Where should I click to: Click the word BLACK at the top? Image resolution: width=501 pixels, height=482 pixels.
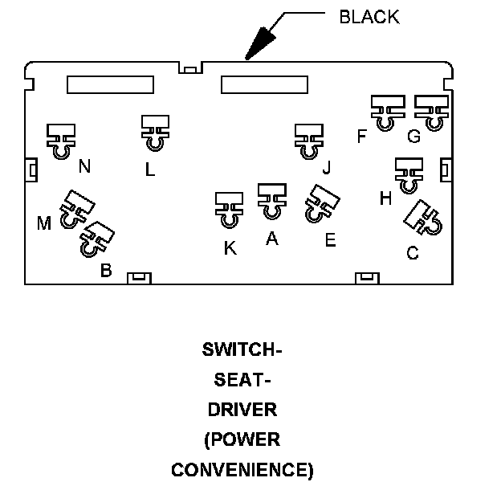coord(369,17)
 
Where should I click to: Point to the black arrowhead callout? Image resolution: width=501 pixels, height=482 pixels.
coord(260,43)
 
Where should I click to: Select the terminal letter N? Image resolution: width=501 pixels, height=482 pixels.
coord(84,166)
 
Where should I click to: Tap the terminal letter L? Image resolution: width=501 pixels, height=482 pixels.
coord(150,170)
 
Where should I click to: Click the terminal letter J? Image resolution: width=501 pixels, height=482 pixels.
coord(327,167)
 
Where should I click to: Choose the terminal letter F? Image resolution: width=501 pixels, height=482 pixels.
coord(361,136)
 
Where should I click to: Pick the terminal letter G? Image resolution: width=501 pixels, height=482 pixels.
coord(413,137)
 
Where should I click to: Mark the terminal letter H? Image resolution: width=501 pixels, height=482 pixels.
coord(385,198)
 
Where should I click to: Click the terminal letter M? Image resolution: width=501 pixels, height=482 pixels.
coord(44,223)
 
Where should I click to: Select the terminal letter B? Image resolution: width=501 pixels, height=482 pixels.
coord(106,270)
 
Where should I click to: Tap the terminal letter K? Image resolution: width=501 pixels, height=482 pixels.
coord(230,248)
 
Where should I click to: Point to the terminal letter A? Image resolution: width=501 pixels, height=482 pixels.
coord(272,239)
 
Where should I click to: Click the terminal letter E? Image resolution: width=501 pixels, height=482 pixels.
coord(330,240)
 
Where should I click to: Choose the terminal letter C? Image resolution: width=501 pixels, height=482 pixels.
coord(413,253)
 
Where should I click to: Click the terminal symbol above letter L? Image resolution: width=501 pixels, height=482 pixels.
coord(155,133)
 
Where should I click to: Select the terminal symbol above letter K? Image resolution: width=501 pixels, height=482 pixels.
coord(229,210)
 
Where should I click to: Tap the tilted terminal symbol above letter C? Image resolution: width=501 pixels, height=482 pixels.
coord(423,218)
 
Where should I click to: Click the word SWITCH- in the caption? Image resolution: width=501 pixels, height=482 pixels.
coord(242,349)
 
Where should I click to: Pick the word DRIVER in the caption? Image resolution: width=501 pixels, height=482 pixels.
coord(242,410)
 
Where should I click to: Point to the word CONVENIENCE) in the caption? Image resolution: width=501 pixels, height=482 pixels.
coord(242,470)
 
